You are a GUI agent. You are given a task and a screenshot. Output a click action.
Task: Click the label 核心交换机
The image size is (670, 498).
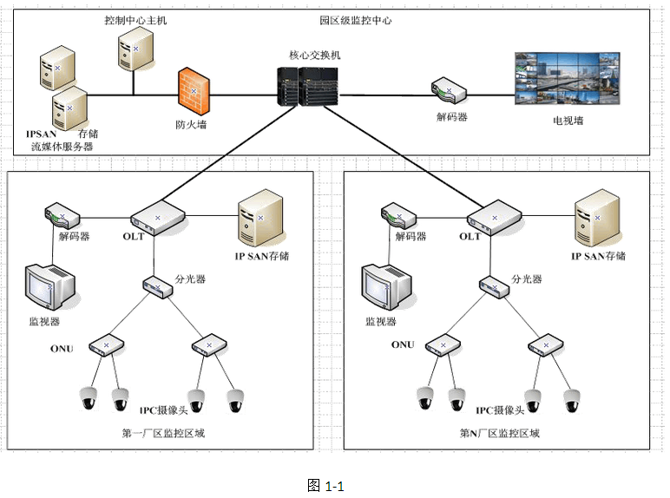coord(314,54)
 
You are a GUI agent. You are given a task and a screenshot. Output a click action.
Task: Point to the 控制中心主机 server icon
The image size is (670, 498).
coord(135,49)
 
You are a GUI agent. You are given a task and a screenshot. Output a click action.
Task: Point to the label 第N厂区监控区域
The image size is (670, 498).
coord(499,433)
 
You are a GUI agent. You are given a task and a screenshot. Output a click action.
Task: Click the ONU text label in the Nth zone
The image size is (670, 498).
coord(403,344)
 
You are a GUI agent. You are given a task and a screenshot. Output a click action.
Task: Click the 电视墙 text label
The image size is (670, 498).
coord(568,121)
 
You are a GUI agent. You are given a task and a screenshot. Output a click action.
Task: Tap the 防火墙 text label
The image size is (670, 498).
coord(190,125)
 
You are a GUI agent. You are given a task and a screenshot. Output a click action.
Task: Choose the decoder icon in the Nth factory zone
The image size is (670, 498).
coord(391,213)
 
